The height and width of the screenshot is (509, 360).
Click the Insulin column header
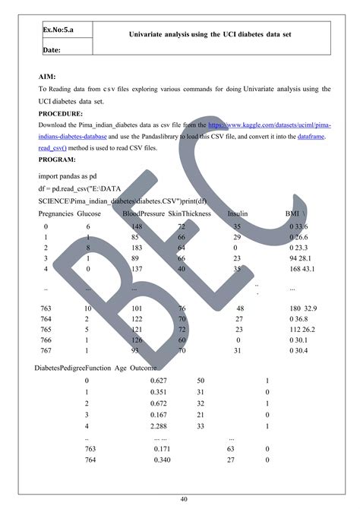[x=238, y=214]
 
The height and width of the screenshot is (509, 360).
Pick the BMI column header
[x=292, y=214]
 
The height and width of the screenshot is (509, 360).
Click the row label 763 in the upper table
[x=46, y=308]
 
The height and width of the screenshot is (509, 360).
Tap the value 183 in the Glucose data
[x=137, y=248]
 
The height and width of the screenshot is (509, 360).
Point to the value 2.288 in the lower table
[x=159, y=428]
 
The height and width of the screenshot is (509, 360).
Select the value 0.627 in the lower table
[x=159, y=380]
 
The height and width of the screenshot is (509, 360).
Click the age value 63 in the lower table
[x=231, y=450]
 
